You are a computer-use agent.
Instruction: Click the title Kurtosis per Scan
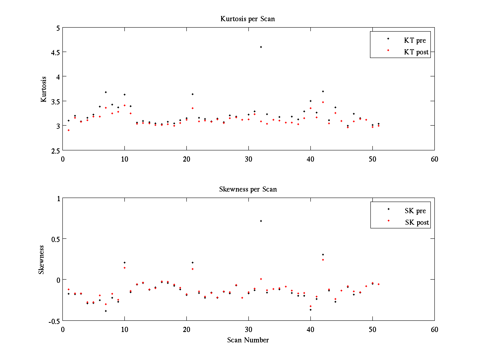tap(248, 19)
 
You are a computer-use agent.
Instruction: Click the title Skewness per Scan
tap(248, 189)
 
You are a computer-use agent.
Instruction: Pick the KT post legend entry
tap(416, 52)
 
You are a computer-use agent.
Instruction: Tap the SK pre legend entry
tap(415, 211)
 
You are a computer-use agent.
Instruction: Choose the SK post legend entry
tap(417, 222)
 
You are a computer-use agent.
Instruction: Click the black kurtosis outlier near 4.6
tap(261, 47)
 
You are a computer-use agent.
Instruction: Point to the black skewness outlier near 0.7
tap(261, 221)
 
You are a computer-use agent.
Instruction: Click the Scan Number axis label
tap(248, 340)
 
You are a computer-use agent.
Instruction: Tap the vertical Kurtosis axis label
tap(44, 89)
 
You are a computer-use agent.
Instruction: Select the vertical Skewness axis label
tap(41, 260)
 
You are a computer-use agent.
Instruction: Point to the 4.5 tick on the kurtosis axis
tap(55, 52)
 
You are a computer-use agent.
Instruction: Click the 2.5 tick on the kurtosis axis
tap(55, 150)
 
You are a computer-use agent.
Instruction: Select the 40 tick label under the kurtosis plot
tap(310, 158)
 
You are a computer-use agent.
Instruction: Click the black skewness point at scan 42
tap(323, 254)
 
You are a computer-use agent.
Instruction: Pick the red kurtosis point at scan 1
tap(68, 130)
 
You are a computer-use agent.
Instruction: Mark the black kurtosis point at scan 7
tap(106, 92)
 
